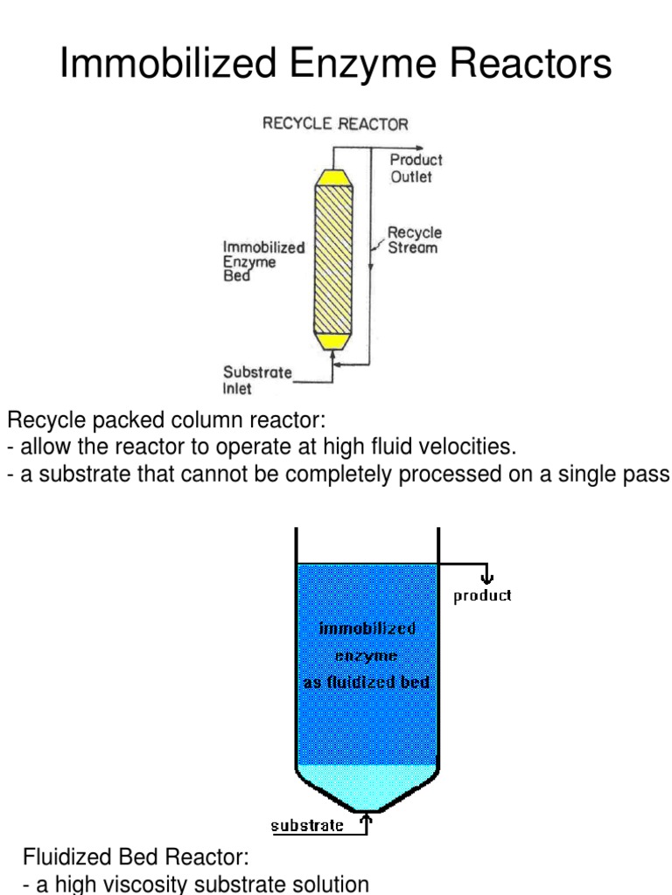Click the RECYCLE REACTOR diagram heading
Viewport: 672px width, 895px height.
pyautogui.click(x=335, y=124)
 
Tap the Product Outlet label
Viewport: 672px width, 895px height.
pyautogui.click(x=416, y=168)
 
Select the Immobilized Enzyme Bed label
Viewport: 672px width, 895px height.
pyautogui.click(x=263, y=261)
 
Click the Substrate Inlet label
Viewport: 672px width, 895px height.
pyautogui.click(x=257, y=380)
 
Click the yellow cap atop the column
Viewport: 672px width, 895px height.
pyautogui.click(x=332, y=178)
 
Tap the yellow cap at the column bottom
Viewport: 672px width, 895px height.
pyautogui.click(x=332, y=339)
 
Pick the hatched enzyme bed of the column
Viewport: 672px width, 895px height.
pyautogui.click(x=332, y=259)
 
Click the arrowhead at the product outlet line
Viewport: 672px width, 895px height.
pyautogui.click(x=421, y=148)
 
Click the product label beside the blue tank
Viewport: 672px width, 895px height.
pyautogui.click(x=482, y=596)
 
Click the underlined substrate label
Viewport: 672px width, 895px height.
pyautogui.click(x=307, y=825)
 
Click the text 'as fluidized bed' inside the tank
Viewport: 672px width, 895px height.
pyautogui.click(x=367, y=682)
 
